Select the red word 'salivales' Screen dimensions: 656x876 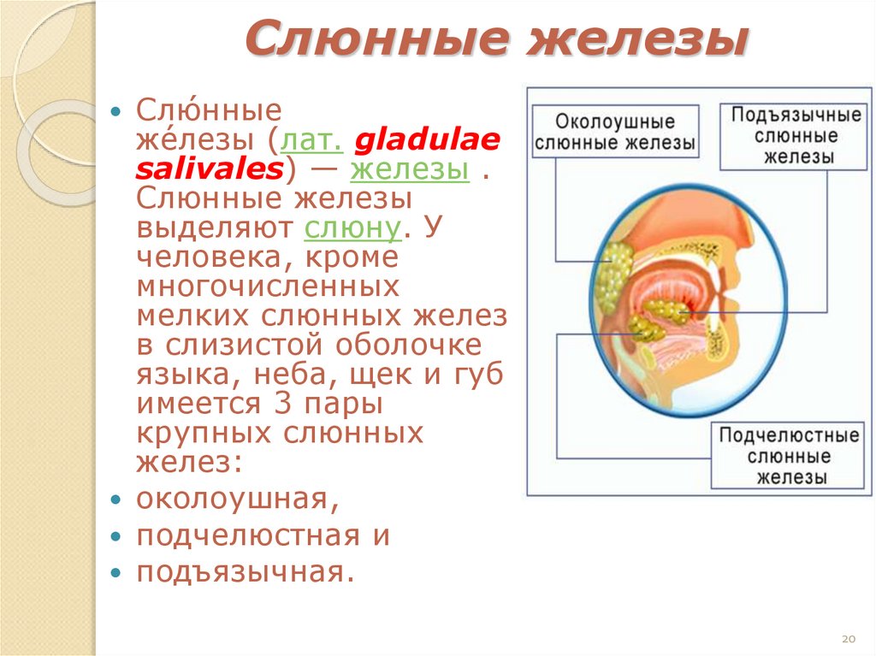209,168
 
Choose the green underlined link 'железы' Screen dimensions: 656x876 410,168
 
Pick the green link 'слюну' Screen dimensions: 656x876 352,228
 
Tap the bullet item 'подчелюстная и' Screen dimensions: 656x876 263,535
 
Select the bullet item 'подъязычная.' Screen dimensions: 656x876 245,572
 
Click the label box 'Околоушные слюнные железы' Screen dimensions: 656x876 615,133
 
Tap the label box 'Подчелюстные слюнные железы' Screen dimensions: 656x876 788,457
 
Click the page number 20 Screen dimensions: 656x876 849,639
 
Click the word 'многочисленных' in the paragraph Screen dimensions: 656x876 267,287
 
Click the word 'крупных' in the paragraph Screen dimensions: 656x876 201,433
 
